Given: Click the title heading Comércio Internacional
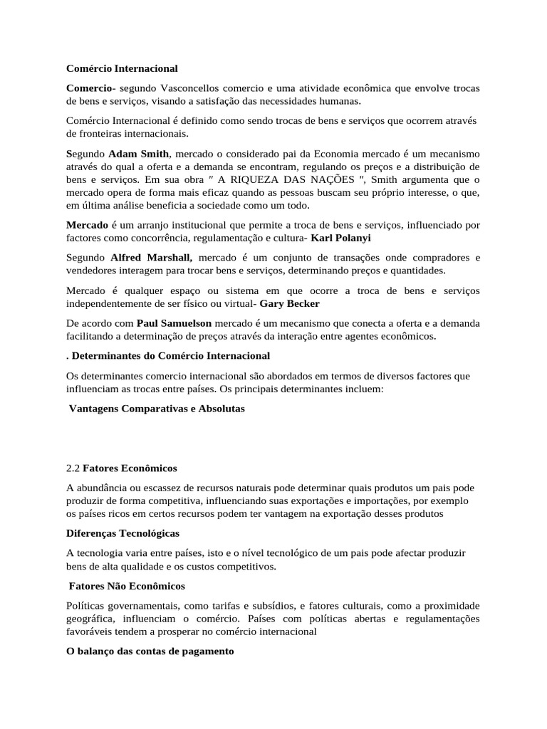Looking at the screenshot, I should click(x=122, y=68).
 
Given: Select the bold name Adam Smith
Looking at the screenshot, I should click(x=139, y=153).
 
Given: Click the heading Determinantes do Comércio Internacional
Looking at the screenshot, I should click(x=171, y=355).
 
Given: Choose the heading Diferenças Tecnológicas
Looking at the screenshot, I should click(x=123, y=533).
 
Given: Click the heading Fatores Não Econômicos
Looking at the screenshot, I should click(x=127, y=585).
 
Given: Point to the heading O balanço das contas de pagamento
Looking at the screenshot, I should click(x=150, y=651).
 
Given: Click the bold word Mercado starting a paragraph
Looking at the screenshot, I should click(x=87, y=225).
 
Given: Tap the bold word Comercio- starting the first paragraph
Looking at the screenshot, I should click(x=90, y=88).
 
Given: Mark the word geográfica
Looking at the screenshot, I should click(x=90, y=618).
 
